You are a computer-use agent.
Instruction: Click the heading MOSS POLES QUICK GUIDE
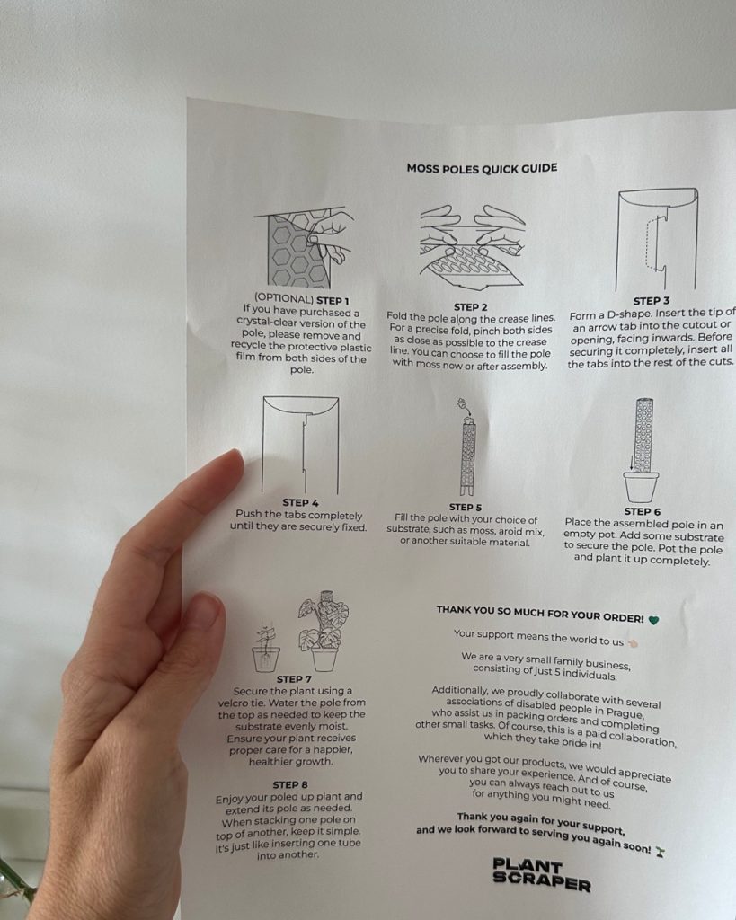[x=482, y=168]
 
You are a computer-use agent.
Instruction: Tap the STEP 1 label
[x=333, y=301]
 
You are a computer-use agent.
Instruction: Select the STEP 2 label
[x=471, y=307]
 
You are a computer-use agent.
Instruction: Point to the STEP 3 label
[x=652, y=300]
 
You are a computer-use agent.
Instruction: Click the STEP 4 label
[x=300, y=503]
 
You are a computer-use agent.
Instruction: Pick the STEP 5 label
[x=466, y=507]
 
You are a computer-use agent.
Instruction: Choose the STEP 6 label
[x=643, y=511]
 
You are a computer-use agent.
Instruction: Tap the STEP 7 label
[x=294, y=679]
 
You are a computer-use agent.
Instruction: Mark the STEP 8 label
[x=290, y=784]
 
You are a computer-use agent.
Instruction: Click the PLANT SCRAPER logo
[x=541, y=874]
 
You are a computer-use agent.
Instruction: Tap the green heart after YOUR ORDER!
[x=654, y=620]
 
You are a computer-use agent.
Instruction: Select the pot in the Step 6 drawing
[x=641, y=487]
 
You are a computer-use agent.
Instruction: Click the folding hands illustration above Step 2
[x=473, y=246]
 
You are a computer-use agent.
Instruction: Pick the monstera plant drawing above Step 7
[x=320, y=631]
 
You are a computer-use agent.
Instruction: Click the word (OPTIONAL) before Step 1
[x=283, y=298]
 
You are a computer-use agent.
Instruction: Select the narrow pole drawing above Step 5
[x=468, y=447]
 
